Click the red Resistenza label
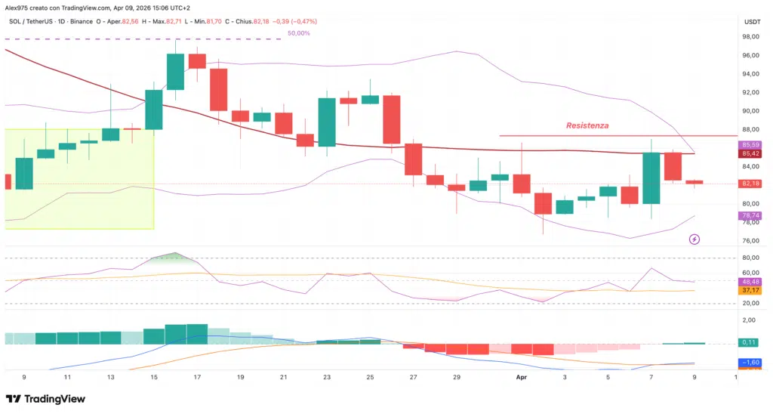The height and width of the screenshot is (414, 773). point(587,125)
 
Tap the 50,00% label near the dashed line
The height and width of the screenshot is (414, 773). point(299,33)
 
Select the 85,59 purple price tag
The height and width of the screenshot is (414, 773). point(750,144)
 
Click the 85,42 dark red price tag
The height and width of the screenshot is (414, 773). point(750,153)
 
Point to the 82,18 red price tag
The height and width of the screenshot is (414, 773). point(750,184)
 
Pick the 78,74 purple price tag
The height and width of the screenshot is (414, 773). point(750,215)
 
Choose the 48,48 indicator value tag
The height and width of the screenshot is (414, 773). point(750,281)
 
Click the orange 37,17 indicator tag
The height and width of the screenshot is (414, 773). point(750,290)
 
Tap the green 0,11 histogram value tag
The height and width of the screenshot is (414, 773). point(750,342)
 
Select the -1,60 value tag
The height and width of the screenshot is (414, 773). point(750,363)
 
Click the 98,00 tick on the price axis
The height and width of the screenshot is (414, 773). point(750,37)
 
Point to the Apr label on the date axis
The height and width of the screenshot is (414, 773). point(520,375)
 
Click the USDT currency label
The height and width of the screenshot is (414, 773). point(752,22)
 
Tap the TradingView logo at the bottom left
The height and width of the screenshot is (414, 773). point(45,398)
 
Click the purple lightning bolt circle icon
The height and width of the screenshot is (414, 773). point(694,239)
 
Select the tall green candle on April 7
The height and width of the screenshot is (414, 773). point(651,178)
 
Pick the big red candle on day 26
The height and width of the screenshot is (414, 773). point(391,119)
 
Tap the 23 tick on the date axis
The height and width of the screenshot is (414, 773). point(326,375)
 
